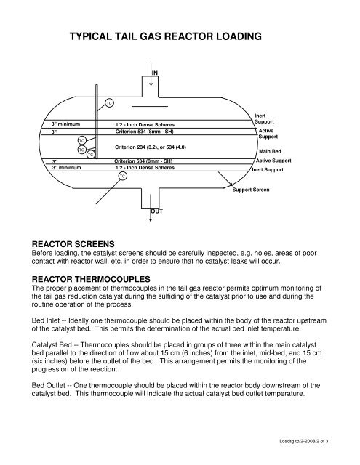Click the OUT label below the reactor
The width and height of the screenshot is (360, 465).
[156, 211]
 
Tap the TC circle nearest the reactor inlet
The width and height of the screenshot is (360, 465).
[108, 102]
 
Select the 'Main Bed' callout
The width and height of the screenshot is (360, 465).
[272, 151]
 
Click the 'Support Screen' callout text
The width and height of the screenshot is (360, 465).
[251, 190]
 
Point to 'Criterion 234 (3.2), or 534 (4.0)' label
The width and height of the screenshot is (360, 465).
[146, 147]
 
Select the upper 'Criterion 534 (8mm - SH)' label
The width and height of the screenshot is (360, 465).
[145, 132]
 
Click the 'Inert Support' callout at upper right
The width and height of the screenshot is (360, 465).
[266, 118]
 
